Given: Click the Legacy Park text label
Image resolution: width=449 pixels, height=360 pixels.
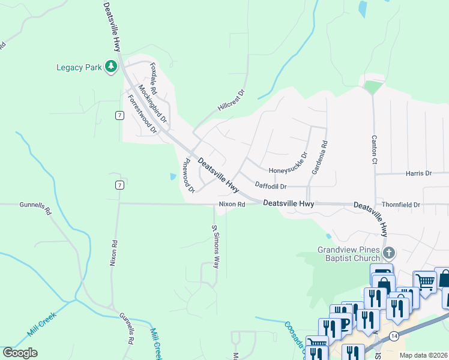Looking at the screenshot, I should pyautogui.click(x=79, y=67).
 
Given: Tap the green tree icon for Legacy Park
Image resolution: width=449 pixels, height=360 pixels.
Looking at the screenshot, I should pyautogui.click(x=110, y=67).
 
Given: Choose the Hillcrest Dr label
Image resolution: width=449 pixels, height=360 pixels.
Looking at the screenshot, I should pyautogui.click(x=232, y=101).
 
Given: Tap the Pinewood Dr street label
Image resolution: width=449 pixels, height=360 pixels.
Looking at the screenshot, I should pyautogui.click(x=188, y=176).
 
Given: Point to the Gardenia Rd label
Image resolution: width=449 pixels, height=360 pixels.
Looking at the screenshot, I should pyautogui.click(x=319, y=158).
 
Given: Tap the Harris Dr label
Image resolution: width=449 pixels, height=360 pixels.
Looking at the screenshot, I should pyautogui.click(x=418, y=173).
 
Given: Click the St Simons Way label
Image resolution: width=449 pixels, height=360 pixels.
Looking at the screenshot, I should pyautogui.click(x=215, y=247).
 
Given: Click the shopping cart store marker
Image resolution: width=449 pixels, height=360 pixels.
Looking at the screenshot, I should pyautogui.click(x=424, y=281).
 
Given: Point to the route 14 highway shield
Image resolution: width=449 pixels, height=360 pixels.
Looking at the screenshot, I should pyautogui.click(x=393, y=334).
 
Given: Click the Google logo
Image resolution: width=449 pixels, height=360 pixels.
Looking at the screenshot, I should pyautogui.click(x=20, y=352).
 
